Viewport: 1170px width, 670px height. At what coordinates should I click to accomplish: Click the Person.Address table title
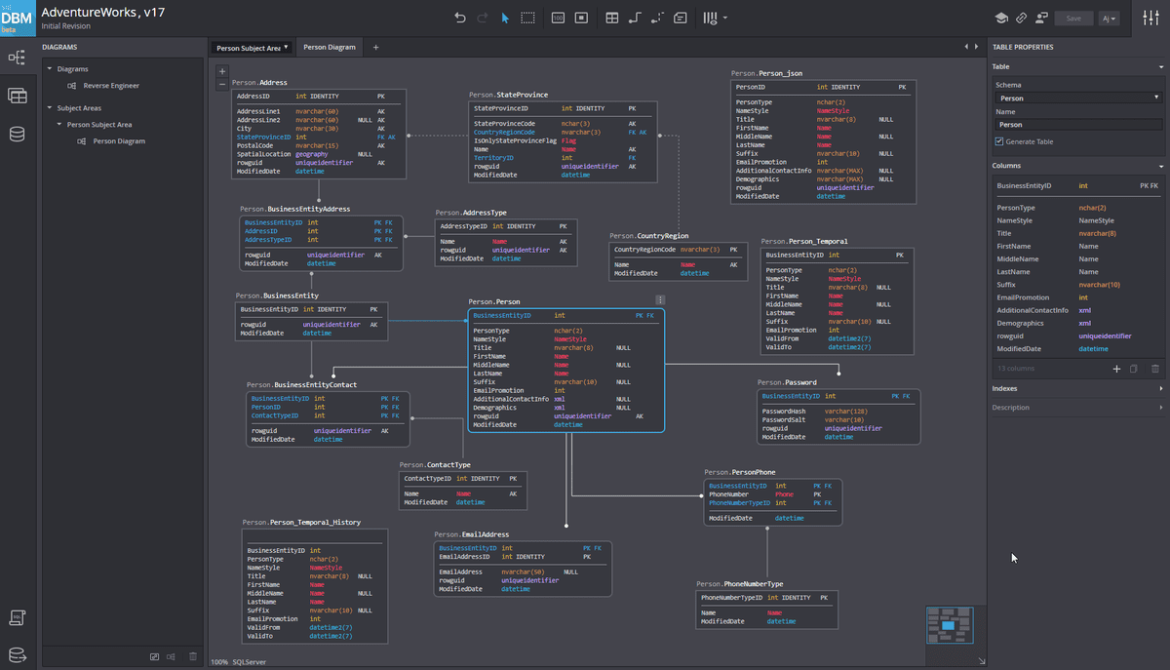(259, 83)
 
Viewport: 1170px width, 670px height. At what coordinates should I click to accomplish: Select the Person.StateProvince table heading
(508, 95)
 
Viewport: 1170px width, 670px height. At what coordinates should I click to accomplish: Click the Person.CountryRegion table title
(648, 236)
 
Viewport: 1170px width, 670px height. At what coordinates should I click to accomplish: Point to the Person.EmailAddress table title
(472, 534)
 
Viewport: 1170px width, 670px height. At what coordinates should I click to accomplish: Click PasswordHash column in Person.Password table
(784, 412)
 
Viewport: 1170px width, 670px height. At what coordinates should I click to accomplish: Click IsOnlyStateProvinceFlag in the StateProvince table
(515, 140)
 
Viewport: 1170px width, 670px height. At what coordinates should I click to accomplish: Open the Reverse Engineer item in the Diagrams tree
(111, 86)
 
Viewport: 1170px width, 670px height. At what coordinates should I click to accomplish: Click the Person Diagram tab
(329, 47)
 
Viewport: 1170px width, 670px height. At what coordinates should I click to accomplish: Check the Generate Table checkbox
(999, 141)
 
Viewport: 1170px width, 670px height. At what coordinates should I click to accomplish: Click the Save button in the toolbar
(1073, 18)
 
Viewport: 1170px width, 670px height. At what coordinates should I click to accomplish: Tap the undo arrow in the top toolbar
(460, 18)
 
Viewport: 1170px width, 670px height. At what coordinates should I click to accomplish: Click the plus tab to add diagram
(376, 47)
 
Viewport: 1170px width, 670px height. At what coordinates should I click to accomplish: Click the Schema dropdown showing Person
(1077, 98)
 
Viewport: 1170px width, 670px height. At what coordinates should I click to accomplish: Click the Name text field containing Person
(1077, 125)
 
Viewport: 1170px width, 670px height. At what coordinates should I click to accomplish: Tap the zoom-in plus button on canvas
(222, 71)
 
